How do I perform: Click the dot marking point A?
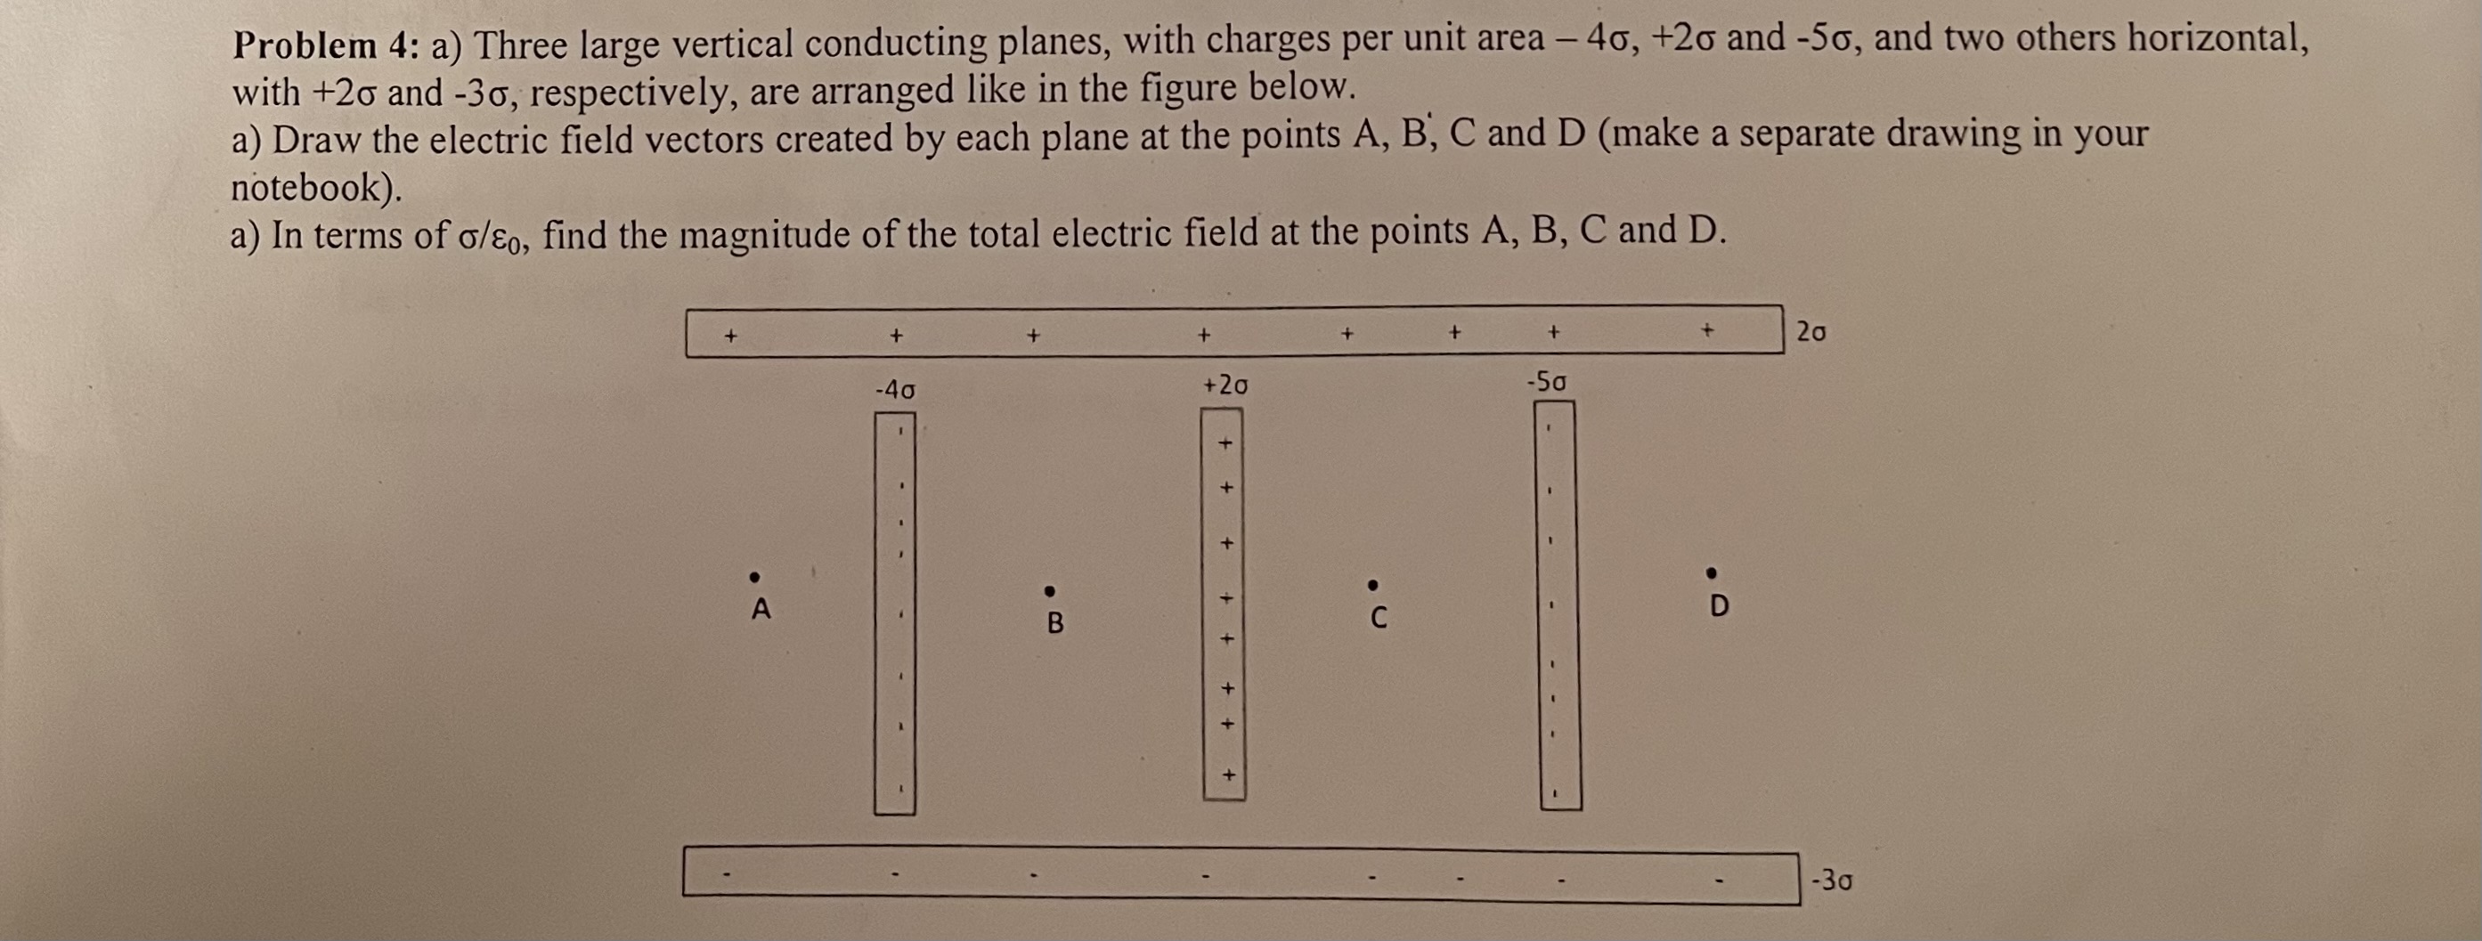point(755,577)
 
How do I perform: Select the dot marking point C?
point(1373,585)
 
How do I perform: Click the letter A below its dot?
point(761,610)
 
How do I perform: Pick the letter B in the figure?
point(1055,623)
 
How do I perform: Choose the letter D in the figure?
point(1719,607)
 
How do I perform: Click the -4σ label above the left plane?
point(895,390)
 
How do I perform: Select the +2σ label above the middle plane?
point(1225,385)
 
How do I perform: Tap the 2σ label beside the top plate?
point(1811,332)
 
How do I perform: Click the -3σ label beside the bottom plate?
point(1831,880)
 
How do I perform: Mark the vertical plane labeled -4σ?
point(895,613)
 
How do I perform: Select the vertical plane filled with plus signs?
point(1224,604)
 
